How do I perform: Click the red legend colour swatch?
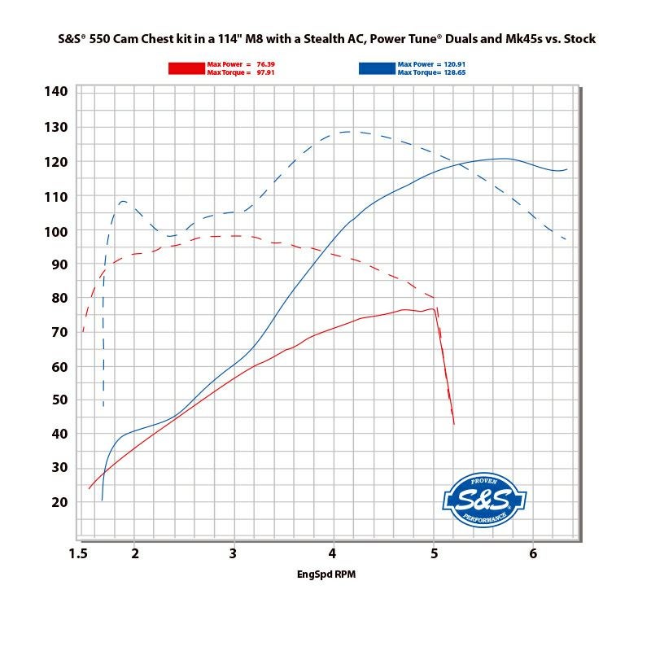186,68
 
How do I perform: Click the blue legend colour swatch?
375,68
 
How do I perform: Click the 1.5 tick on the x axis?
78,554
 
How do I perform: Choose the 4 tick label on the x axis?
334,554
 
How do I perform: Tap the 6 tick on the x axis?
532,554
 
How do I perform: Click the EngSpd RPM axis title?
325,575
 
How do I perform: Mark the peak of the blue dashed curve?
347,131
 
